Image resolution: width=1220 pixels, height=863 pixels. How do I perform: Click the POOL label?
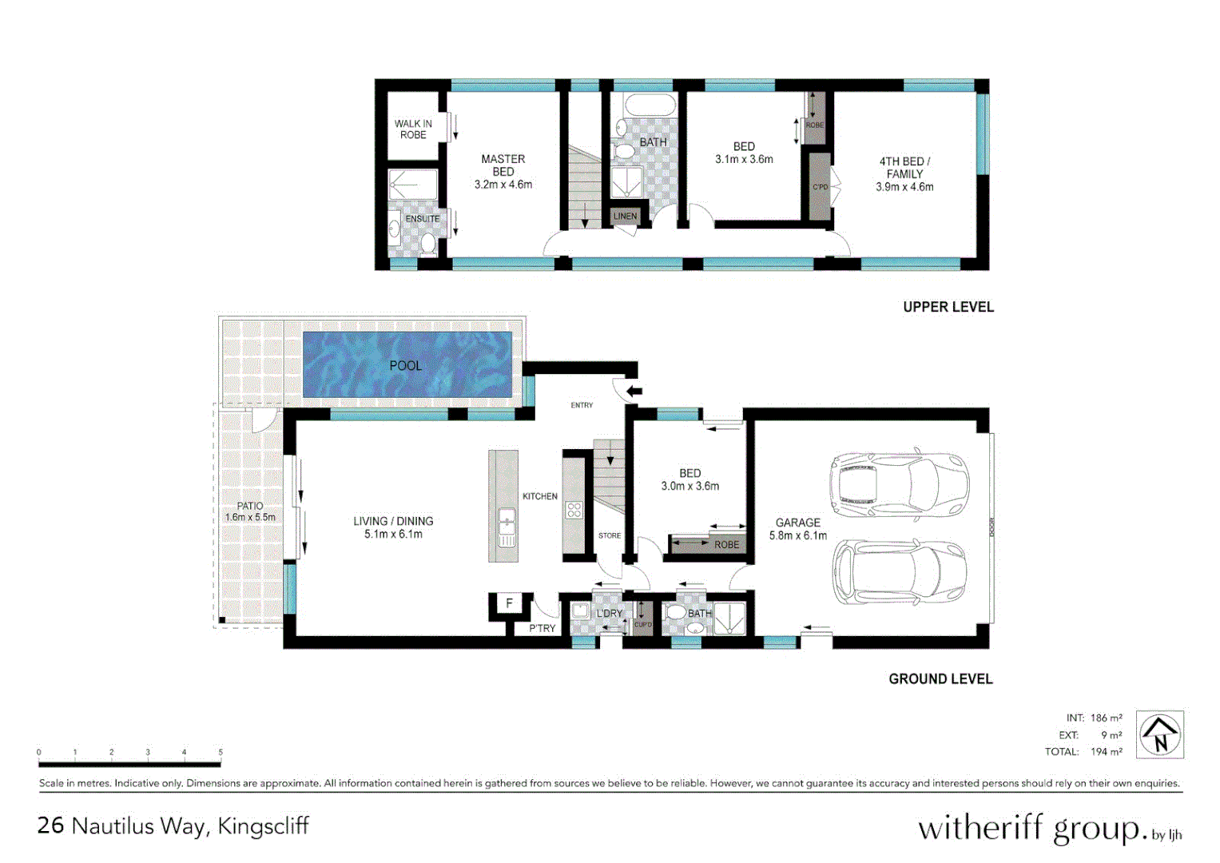(405, 365)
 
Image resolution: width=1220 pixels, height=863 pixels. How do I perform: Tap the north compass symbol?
(1159, 734)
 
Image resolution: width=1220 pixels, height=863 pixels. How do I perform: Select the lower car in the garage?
(900, 571)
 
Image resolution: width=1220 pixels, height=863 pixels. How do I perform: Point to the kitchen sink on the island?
(507, 528)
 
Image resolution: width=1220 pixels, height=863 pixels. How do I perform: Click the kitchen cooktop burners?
(574, 510)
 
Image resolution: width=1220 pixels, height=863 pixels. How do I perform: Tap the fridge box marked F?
(509, 603)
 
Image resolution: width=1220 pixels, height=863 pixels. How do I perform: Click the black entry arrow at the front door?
(634, 391)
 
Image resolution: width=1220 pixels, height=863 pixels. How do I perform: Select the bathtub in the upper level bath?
(650, 105)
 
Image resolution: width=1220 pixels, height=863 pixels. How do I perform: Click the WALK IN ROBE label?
(413, 129)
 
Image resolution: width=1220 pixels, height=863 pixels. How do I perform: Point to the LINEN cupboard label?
(625, 217)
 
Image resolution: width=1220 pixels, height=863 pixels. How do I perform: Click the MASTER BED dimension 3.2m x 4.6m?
(503, 185)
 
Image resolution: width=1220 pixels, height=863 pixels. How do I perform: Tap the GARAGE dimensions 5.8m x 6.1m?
(798, 535)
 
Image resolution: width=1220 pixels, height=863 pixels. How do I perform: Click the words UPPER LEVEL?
(948, 307)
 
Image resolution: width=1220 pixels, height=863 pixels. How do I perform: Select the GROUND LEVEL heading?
(940, 678)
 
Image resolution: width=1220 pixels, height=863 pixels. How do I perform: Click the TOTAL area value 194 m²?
(1106, 751)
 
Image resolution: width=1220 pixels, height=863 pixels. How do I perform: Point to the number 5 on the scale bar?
(221, 752)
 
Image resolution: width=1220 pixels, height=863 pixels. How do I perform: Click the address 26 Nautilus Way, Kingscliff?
(173, 825)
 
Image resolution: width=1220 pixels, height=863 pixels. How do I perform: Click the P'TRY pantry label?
(542, 628)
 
